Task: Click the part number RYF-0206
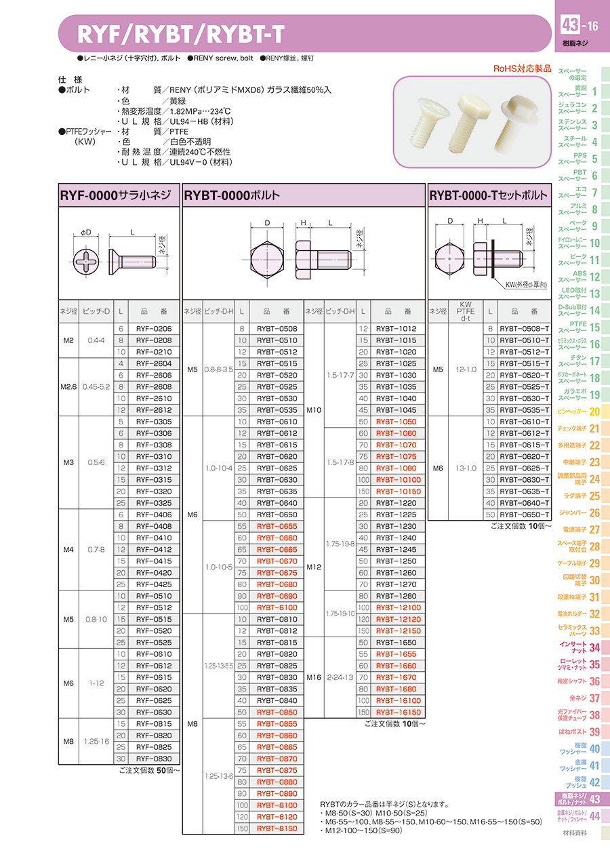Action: tap(154, 329)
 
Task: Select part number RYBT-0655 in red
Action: tap(277, 526)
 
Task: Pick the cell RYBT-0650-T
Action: tap(524, 515)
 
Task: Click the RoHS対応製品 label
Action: tap(522, 68)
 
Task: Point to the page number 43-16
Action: tap(579, 26)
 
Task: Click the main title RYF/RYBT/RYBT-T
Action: tap(180, 35)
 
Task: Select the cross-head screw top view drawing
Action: tap(86, 261)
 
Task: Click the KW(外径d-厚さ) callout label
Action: tap(526, 285)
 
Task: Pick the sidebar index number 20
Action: tap(594, 412)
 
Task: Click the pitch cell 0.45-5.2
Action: tap(96, 387)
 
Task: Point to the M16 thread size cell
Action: tap(314, 677)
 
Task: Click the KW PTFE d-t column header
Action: tap(466, 311)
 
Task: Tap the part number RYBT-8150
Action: tap(277, 828)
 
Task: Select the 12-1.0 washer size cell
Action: tap(466, 369)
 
